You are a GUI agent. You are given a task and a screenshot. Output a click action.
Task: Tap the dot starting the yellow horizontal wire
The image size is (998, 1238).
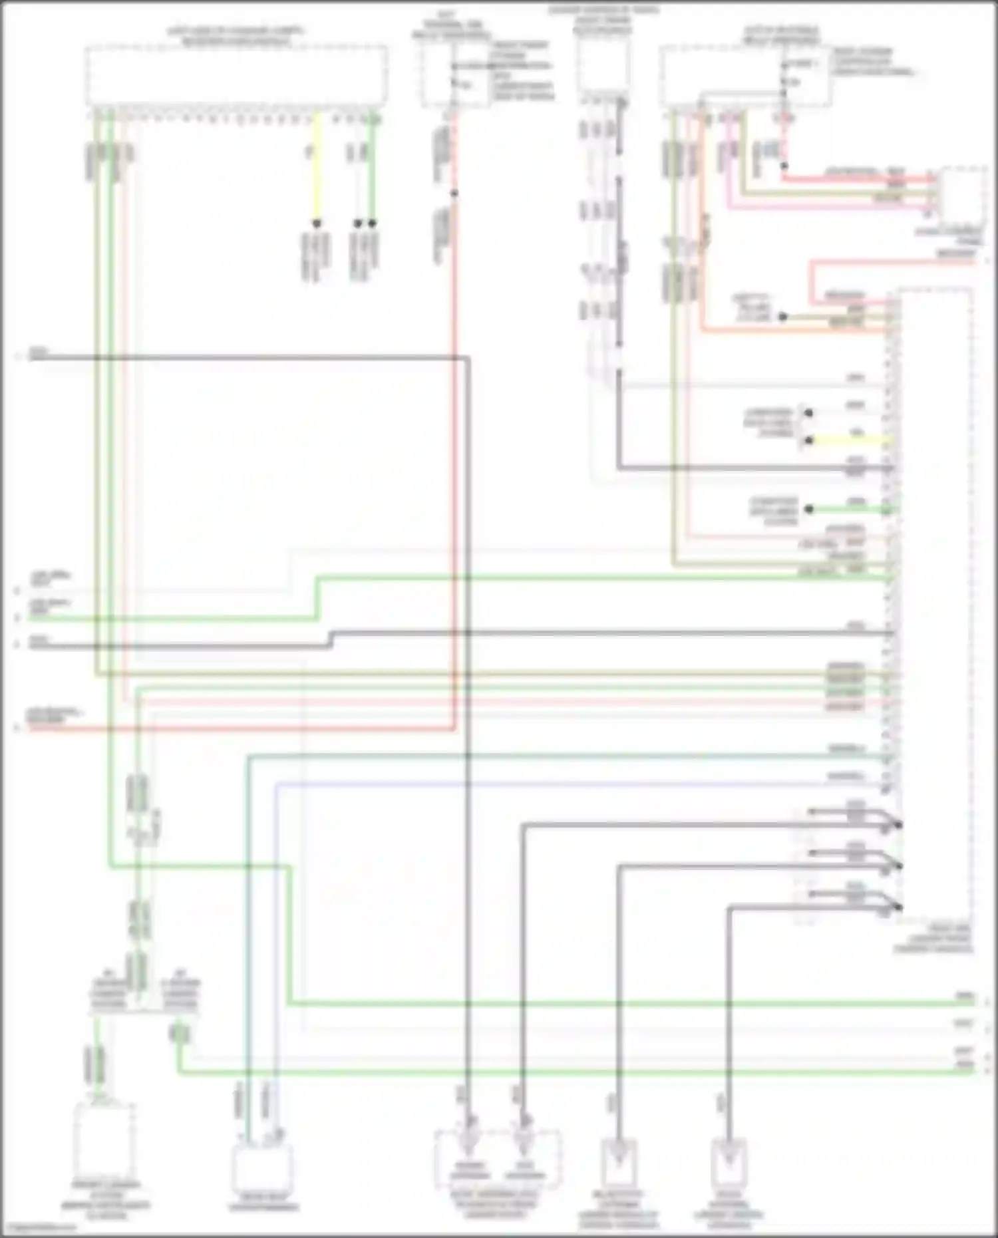pos(808,440)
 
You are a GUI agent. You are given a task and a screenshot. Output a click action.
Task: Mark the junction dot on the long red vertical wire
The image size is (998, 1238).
pos(454,194)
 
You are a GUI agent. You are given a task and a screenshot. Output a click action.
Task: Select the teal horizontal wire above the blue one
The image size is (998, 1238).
pos(566,755)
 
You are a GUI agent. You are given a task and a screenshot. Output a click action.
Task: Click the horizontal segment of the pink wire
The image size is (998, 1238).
pos(832,208)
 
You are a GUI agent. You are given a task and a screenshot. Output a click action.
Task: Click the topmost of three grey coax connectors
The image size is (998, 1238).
pos(898,824)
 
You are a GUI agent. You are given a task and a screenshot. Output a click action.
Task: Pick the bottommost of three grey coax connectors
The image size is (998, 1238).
pos(898,906)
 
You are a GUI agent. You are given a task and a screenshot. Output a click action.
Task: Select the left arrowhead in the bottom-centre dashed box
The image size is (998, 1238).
pos(470,1143)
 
